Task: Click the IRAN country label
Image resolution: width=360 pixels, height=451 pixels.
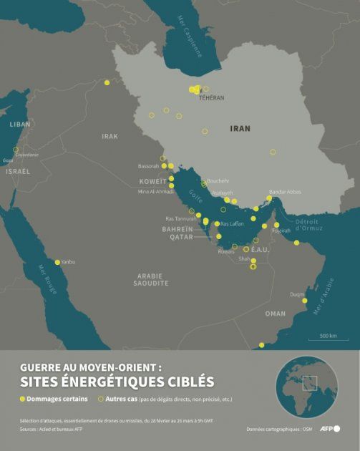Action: point(240,129)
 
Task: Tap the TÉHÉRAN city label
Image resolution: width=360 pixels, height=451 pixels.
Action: point(211,97)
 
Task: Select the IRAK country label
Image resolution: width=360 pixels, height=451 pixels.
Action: point(110,136)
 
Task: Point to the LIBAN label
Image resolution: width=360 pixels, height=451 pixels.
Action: point(21,124)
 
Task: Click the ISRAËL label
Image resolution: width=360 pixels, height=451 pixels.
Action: point(18,172)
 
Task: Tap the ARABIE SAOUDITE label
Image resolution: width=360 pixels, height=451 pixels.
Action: point(150,279)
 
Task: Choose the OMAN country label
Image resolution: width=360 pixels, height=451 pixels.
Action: point(275,314)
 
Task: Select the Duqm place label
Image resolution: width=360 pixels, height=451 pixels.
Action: point(297,294)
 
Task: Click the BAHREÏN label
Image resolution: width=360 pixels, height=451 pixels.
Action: point(177,229)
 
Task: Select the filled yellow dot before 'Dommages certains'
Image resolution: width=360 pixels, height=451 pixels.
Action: point(23,399)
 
